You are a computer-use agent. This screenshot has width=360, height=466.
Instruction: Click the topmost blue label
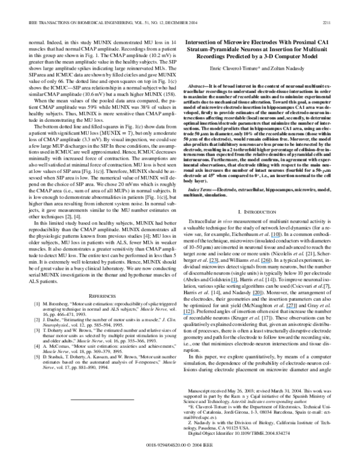pyautogui.click(x=275, y=237)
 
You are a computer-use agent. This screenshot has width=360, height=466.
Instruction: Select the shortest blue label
pyautogui.click(x=234, y=282)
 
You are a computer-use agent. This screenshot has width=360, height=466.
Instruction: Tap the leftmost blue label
pyautogui.click(x=187, y=314)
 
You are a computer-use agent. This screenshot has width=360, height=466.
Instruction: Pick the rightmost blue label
pyautogui.click(x=290, y=308)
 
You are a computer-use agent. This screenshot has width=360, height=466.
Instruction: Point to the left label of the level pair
pyautogui.click(x=213, y=263)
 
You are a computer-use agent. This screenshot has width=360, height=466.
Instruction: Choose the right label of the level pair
pyautogui.click(x=265, y=263)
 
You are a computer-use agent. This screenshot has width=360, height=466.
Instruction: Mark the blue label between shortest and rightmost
pyautogui.click(x=257, y=295)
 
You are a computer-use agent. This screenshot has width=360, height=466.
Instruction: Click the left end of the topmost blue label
pyautogui.click(x=271, y=237)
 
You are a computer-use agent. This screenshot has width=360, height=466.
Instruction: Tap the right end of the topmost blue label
pyautogui.click(x=280, y=237)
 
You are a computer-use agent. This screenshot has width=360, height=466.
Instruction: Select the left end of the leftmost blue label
pyautogui.click(x=182, y=314)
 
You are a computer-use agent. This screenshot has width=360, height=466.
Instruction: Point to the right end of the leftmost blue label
pyautogui.click(x=192, y=314)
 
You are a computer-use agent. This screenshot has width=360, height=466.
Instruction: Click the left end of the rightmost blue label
pyautogui.click(x=286, y=308)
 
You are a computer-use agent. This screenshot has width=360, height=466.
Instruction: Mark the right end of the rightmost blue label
pyautogui.click(x=295, y=308)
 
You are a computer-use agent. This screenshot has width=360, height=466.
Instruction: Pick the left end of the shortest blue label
pyautogui.click(x=231, y=282)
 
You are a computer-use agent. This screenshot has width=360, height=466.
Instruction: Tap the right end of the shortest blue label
pyautogui.click(x=238, y=282)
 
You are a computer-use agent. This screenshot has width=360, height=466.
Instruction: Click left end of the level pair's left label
pyautogui.click(x=209, y=263)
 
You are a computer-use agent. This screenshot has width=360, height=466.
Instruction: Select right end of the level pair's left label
pyautogui.click(x=218, y=263)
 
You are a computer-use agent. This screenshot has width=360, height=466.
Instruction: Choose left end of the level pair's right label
pyautogui.click(x=261, y=263)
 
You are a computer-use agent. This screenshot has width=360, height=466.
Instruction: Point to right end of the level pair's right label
pyautogui.click(x=270, y=263)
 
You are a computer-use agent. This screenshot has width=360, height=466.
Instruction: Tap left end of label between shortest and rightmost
pyautogui.click(x=252, y=295)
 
